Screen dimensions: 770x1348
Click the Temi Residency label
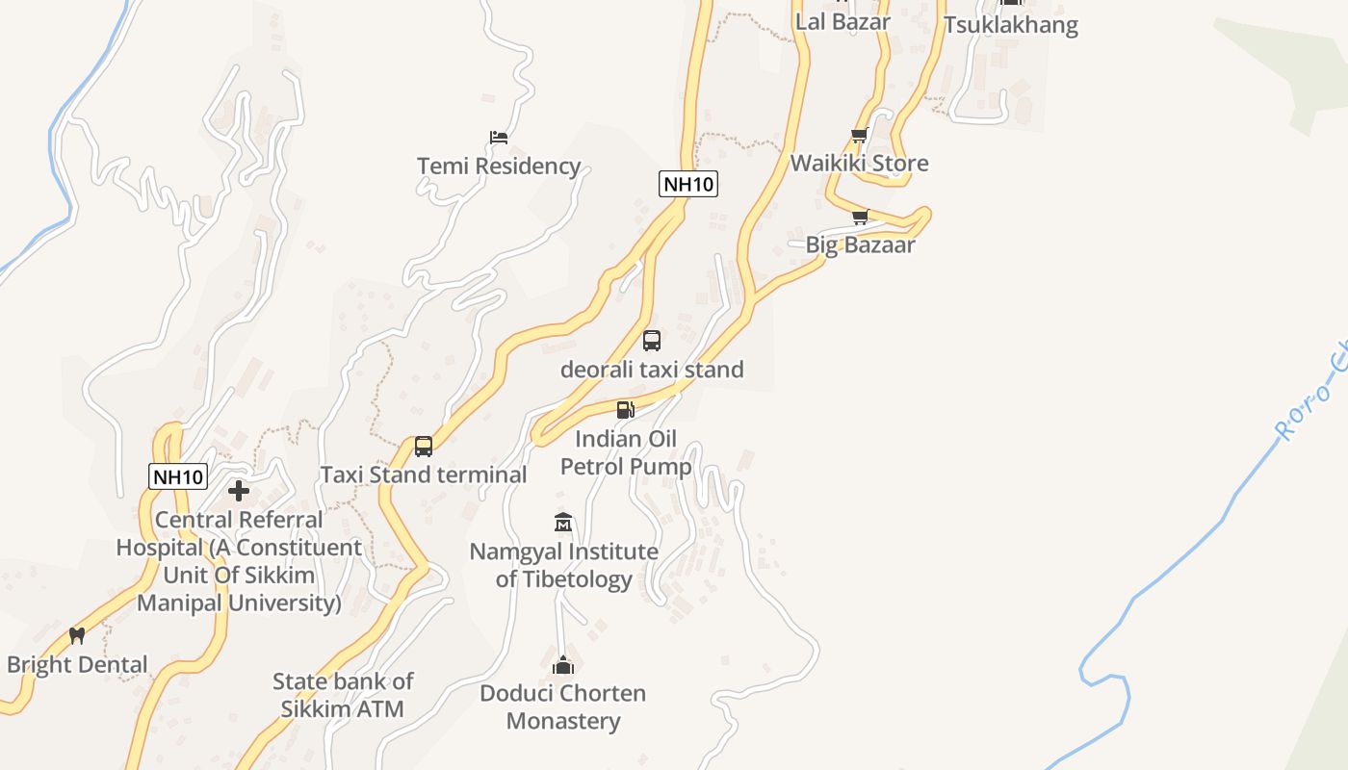(x=499, y=167)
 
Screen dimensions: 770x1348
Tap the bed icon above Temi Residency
(x=499, y=138)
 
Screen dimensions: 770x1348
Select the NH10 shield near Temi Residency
(x=688, y=184)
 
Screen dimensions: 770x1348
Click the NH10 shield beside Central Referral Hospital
(x=178, y=476)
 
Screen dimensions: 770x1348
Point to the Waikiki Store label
(x=859, y=164)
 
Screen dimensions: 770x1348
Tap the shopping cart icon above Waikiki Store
(x=859, y=136)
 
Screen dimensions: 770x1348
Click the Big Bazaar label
(x=860, y=245)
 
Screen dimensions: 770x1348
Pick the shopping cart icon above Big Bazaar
(x=860, y=218)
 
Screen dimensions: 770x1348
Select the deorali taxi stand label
(x=652, y=370)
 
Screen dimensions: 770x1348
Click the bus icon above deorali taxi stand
(x=652, y=341)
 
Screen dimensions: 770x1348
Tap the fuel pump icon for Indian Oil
(x=626, y=410)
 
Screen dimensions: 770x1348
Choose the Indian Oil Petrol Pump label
(x=626, y=453)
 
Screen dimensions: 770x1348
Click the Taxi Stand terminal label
(x=423, y=475)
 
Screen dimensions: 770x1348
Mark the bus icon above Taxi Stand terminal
(x=424, y=447)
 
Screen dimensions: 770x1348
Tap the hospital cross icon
(x=239, y=492)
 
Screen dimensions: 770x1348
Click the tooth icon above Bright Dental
(x=77, y=636)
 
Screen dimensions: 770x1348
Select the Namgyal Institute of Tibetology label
(x=563, y=566)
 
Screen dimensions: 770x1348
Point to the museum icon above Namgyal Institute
(x=563, y=523)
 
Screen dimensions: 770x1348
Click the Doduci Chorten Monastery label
(x=563, y=707)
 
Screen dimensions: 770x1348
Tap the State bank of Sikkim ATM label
(x=343, y=696)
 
